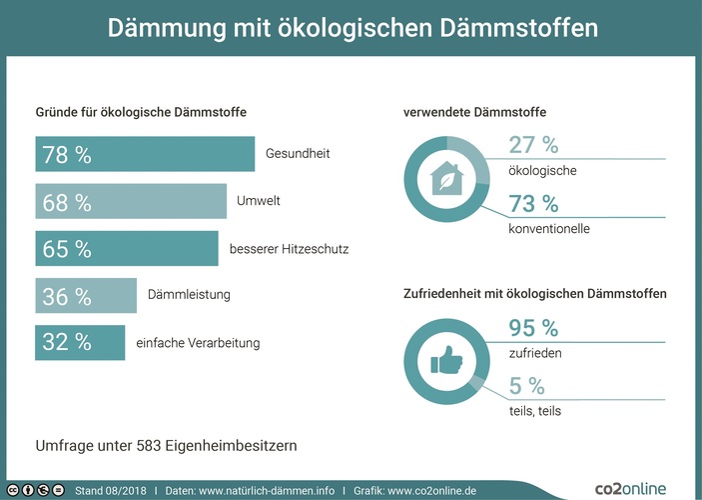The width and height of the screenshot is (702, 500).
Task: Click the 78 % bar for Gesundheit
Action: (x=145, y=154)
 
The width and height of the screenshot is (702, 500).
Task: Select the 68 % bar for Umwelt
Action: (x=131, y=201)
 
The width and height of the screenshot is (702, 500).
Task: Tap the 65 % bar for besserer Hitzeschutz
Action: (x=127, y=248)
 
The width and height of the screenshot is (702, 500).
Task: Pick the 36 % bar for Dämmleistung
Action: (x=86, y=295)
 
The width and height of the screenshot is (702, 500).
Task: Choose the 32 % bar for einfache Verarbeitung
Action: (x=80, y=342)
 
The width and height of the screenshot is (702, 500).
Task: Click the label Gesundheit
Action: (x=298, y=154)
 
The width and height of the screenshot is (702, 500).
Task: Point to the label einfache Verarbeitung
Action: (x=198, y=343)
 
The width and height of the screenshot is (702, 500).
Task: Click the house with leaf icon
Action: (x=445, y=181)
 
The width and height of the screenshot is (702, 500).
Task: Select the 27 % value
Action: (x=533, y=146)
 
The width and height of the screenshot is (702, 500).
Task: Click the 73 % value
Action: (x=533, y=204)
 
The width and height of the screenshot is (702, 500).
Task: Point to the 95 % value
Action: (x=533, y=328)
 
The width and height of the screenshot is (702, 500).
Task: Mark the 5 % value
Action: (x=526, y=386)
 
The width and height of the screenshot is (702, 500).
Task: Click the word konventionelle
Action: (x=549, y=229)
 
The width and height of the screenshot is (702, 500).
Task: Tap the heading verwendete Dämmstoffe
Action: (x=474, y=112)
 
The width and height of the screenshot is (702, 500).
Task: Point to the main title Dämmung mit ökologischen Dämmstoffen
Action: (x=351, y=27)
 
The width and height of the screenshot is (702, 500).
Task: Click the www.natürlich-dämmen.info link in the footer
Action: (x=267, y=491)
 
